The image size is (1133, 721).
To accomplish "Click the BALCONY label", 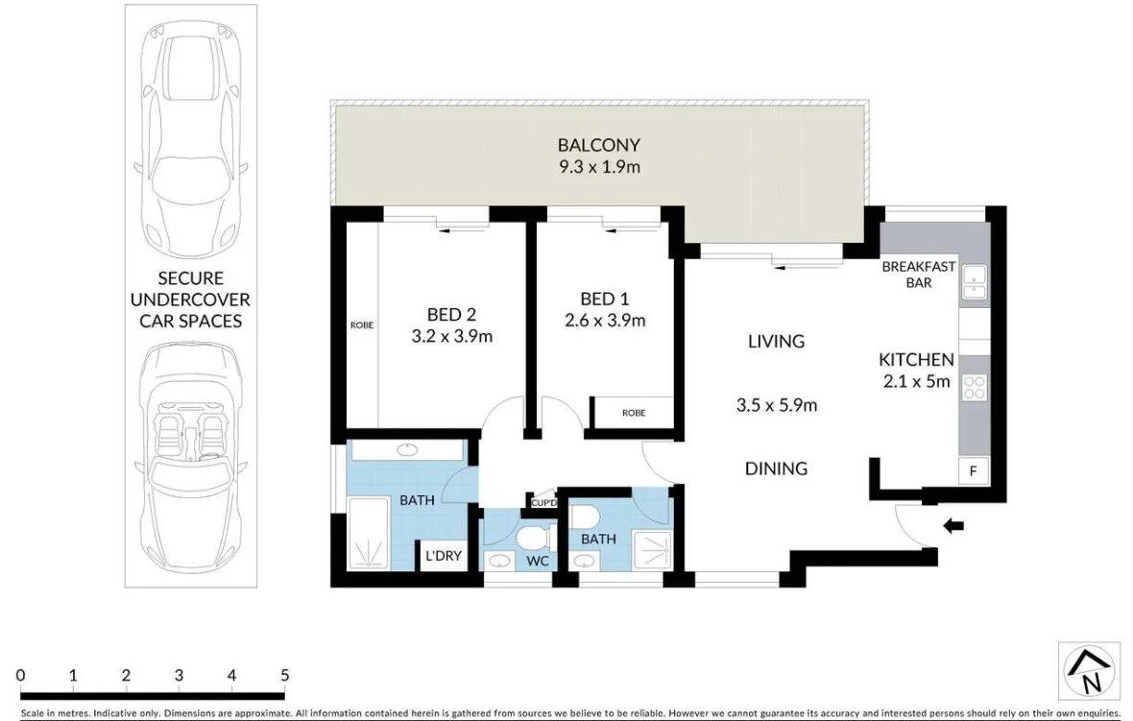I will pos(598,145).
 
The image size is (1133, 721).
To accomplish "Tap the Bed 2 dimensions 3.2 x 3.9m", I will pos(451,336).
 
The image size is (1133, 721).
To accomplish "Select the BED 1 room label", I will pos(605,299).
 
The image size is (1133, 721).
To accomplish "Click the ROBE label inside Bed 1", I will pos(634,413).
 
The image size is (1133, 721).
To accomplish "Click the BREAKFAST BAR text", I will pos(918,275).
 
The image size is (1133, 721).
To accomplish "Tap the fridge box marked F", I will pos(973,470).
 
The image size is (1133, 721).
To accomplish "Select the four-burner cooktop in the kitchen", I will pos(974,387).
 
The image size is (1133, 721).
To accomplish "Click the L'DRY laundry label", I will pos(444,556).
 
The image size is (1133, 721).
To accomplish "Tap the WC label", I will pos(538,560).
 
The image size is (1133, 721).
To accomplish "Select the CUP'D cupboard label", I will pos(543,502).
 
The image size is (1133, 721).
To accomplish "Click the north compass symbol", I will pos(1089,670).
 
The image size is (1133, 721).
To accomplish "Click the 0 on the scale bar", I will pos(20,675).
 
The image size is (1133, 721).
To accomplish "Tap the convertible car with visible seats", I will pos(190,451).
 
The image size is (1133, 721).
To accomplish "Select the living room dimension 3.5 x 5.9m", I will pos(776,405).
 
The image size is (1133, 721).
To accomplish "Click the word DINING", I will pos(776,469).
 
